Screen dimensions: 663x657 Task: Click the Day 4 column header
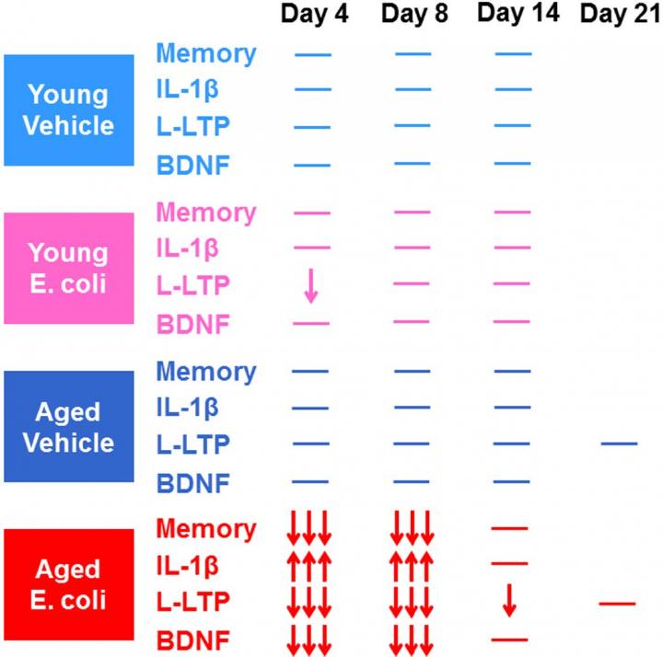click(x=314, y=14)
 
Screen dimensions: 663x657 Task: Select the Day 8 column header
click(x=414, y=14)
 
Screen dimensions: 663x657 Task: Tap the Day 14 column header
click(x=518, y=13)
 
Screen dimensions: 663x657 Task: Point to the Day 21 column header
click(x=621, y=14)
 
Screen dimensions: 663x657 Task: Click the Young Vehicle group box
click(x=69, y=109)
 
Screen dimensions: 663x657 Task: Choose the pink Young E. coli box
click(x=69, y=269)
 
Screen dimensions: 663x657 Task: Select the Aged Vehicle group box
click(x=69, y=426)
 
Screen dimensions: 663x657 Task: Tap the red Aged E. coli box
click(x=69, y=584)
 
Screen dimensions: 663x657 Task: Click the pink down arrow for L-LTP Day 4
click(x=311, y=285)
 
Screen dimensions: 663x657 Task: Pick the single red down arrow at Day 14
click(x=509, y=600)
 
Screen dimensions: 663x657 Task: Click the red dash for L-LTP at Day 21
click(x=617, y=604)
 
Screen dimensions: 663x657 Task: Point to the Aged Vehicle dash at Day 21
click(x=620, y=444)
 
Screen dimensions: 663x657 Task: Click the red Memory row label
click(x=206, y=529)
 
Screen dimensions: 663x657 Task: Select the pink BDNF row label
click(x=193, y=325)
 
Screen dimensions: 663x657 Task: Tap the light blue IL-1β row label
click(x=187, y=90)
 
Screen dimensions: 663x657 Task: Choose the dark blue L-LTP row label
click(x=193, y=444)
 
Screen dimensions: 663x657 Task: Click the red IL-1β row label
click(x=187, y=566)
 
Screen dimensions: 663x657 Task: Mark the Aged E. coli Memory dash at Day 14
click(x=509, y=528)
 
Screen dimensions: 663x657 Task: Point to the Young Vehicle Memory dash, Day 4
click(x=313, y=55)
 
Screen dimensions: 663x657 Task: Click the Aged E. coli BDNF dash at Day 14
click(x=509, y=640)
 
